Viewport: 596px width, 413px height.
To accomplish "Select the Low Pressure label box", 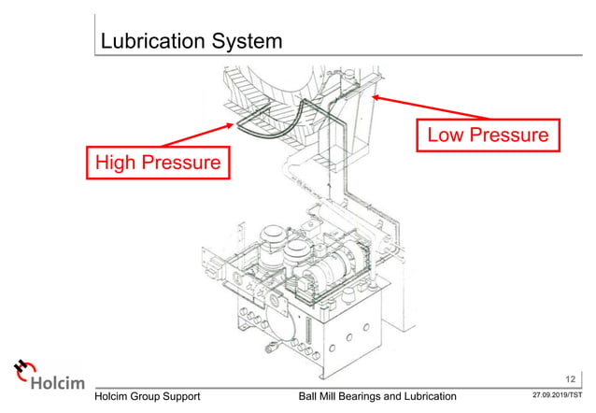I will [x=488, y=135].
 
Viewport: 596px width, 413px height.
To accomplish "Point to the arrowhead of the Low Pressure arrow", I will [x=374, y=96].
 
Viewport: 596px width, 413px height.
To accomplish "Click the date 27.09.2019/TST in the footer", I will [x=557, y=397].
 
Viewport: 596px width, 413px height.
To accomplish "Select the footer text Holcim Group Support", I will [x=154, y=397].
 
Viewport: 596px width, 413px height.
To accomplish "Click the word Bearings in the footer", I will [x=374, y=397].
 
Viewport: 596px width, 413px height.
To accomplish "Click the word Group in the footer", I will [x=158, y=397].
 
